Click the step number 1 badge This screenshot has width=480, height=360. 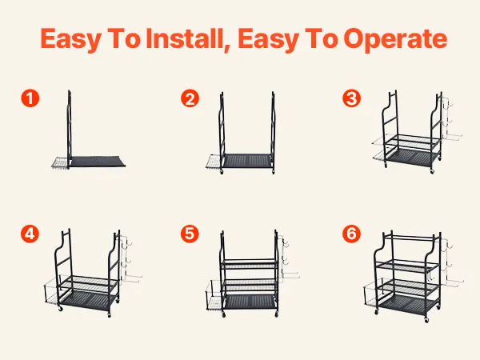(x=30, y=98)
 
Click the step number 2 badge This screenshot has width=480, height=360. (x=190, y=98)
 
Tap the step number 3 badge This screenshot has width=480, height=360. (x=351, y=98)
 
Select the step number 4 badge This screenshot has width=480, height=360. (x=30, y=234)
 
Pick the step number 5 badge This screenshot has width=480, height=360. (x=190, y=234)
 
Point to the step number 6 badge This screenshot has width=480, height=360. (x=351, y=234)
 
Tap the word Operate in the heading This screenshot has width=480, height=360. (x=395, y=39)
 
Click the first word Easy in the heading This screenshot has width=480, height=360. (x=70, y=39)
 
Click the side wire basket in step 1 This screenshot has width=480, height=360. (x=60, y=162)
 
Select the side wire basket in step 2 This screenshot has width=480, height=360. (x=214, y=162)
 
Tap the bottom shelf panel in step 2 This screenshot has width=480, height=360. (x=247, y=161)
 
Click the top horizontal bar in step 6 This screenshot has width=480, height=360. (x=410, y=238)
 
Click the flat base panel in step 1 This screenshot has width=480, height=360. (x=98, y=162)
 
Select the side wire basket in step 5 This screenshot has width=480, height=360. (x=215, y=295)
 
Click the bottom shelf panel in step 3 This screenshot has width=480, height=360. (x=412, y=158)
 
